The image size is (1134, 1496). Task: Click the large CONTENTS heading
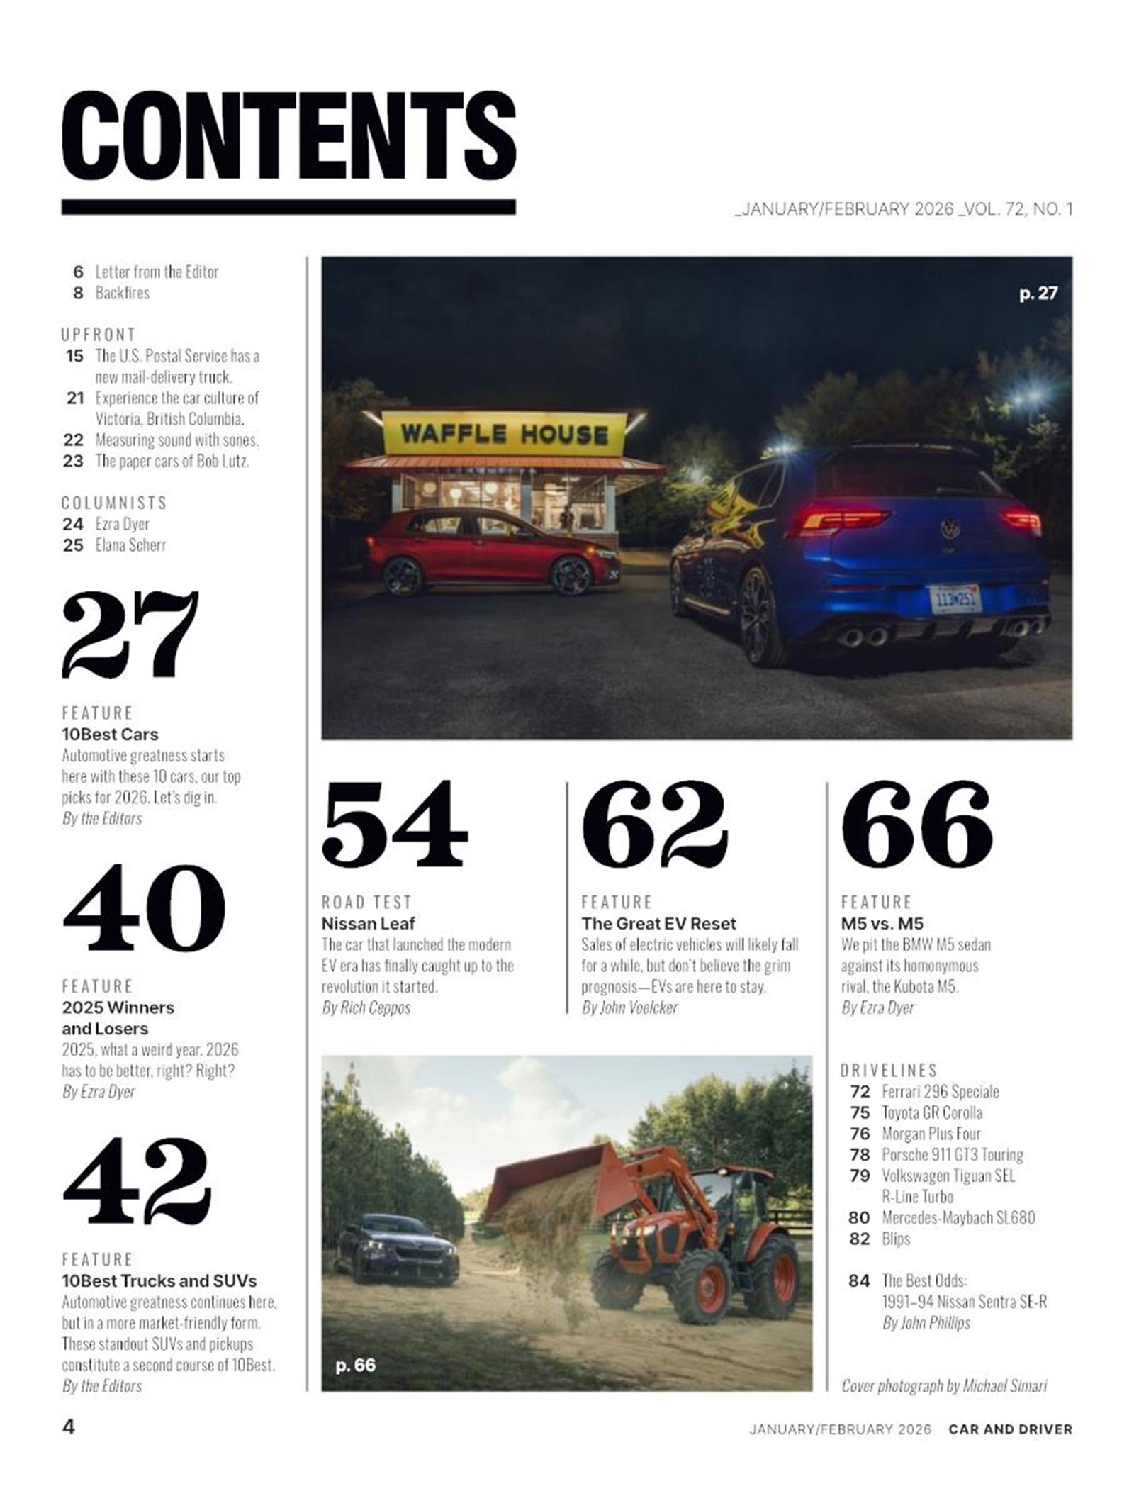(x=288, y=136)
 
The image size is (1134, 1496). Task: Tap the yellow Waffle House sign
(x=504, y=433)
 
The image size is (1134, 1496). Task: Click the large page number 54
(x=394, y=824)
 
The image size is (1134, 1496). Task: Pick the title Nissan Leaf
(x=368, y=923)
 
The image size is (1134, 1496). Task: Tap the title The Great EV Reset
(x=658, y=923)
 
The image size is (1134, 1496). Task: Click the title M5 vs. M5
(x=882, y=923)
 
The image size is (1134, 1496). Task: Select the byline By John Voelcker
(x=629, y=1007)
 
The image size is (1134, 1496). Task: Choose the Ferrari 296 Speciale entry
(x=940, y=1091)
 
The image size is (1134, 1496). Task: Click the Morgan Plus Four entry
(x=931, y=1133)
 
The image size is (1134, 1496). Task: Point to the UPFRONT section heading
(x=98, y=334)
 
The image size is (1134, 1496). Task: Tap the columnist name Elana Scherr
(x=130, y=545)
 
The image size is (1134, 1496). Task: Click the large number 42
(x=137, y=1180)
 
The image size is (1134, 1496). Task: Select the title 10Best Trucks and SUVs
(x=159, y=1280)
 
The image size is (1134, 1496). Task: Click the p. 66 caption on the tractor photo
(x=355, y=1365)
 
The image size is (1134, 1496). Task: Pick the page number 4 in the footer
(x=69, y=1426)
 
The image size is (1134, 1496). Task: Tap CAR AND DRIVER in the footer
(x=1010, y=1429)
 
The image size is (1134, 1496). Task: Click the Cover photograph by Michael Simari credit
(x=943, y=1385)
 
